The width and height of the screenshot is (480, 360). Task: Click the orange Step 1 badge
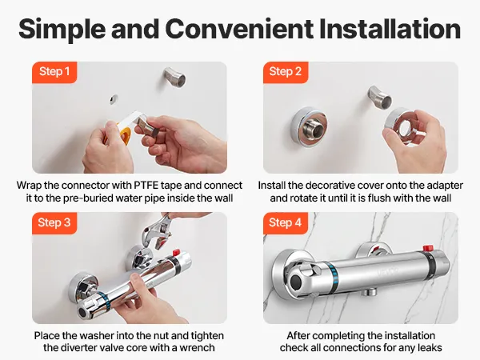click(54, 72)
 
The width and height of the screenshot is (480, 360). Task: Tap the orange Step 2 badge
click(286, 72)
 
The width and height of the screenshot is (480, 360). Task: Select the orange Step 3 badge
click(54, 223)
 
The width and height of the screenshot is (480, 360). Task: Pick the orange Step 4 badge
click(286, 223)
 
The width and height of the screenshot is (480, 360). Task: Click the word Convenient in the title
click(239, 29)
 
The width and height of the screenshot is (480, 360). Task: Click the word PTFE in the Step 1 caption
click(146, 186)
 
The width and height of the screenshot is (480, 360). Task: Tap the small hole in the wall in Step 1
click(114, 99)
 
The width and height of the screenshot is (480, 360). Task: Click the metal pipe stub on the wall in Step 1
click(174, 77)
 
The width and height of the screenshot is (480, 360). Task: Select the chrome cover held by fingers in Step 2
click(401, 122)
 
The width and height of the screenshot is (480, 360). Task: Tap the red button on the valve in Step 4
click(429, 247)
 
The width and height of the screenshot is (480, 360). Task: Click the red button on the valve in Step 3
click(176, 253)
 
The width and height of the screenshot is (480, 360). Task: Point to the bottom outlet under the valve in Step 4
click(369, 292)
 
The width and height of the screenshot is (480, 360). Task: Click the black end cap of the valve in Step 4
click(296, 282)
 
